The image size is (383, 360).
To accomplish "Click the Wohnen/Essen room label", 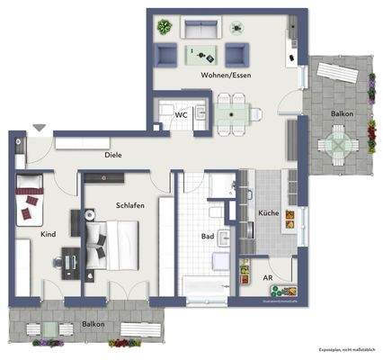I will click(226, 75).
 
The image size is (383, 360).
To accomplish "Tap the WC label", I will click(181, 114).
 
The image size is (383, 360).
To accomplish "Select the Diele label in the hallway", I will click(112, 155).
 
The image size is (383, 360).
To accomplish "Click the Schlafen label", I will click(129, 205).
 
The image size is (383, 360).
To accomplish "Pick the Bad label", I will click(207, 238).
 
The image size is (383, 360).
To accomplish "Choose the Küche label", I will click(268, 213).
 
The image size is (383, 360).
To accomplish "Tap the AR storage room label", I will click(268, 278).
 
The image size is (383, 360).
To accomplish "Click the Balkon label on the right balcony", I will click(341, 114).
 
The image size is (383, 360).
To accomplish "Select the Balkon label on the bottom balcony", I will click(93, 323).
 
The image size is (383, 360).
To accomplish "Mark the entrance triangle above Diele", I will click(37, 129).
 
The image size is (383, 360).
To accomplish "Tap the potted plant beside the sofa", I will click(163, 26).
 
